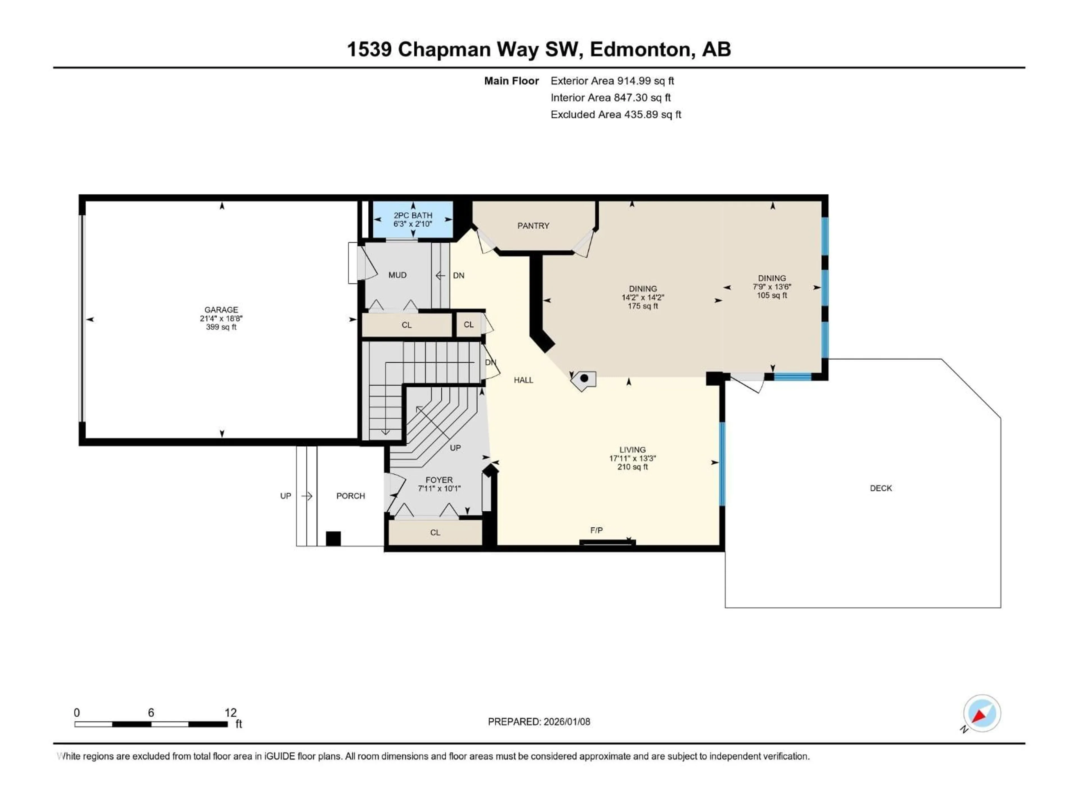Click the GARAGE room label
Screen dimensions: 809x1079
coord(221,310)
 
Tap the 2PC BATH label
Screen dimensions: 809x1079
coord(413,215)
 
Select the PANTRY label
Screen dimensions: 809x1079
coord(533,226)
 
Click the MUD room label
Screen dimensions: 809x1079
coord(397,275)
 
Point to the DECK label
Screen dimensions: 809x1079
coord(880,488)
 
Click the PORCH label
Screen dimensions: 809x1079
coord(350,496)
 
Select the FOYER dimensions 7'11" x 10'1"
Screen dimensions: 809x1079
coord(439,488)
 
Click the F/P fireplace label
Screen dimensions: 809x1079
coord(596,530)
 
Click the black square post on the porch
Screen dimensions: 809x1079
coord(333,538)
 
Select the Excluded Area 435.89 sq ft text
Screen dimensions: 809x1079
coord(616,115)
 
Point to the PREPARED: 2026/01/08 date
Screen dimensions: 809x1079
coord(539,722)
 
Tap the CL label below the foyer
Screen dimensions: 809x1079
coord(435,533)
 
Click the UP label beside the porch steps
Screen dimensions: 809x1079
coord(285,496)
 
